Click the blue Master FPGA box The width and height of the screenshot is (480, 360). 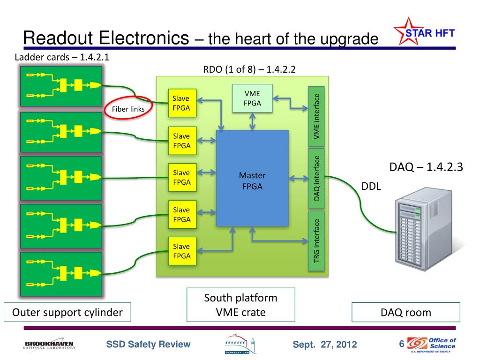pos(252,178)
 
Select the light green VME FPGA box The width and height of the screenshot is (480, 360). pos(252,98)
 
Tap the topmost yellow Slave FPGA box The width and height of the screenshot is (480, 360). pos(182,103)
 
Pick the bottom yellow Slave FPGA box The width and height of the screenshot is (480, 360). pos(182,251)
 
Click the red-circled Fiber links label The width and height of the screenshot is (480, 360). pos(128,109)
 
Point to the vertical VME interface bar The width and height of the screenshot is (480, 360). pos(316,116)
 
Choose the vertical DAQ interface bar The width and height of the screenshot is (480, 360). pos(316,178)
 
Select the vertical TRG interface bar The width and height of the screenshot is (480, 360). pos(316,241)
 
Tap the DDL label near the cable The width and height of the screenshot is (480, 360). pos(371,186)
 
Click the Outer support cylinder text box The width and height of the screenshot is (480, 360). pos(67,312)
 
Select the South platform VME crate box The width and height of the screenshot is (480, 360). pos(241,305)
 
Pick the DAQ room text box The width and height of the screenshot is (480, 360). pos(406,312)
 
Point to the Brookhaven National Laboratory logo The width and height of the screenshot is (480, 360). pos(49,345)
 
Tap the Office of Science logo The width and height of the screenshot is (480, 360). pos(431,345)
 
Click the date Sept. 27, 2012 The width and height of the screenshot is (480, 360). pos(325,345)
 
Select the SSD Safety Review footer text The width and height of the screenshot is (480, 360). pos(148,344)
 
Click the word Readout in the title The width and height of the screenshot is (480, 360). pos(58,38)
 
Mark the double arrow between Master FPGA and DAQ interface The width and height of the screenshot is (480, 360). pos(299,178)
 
